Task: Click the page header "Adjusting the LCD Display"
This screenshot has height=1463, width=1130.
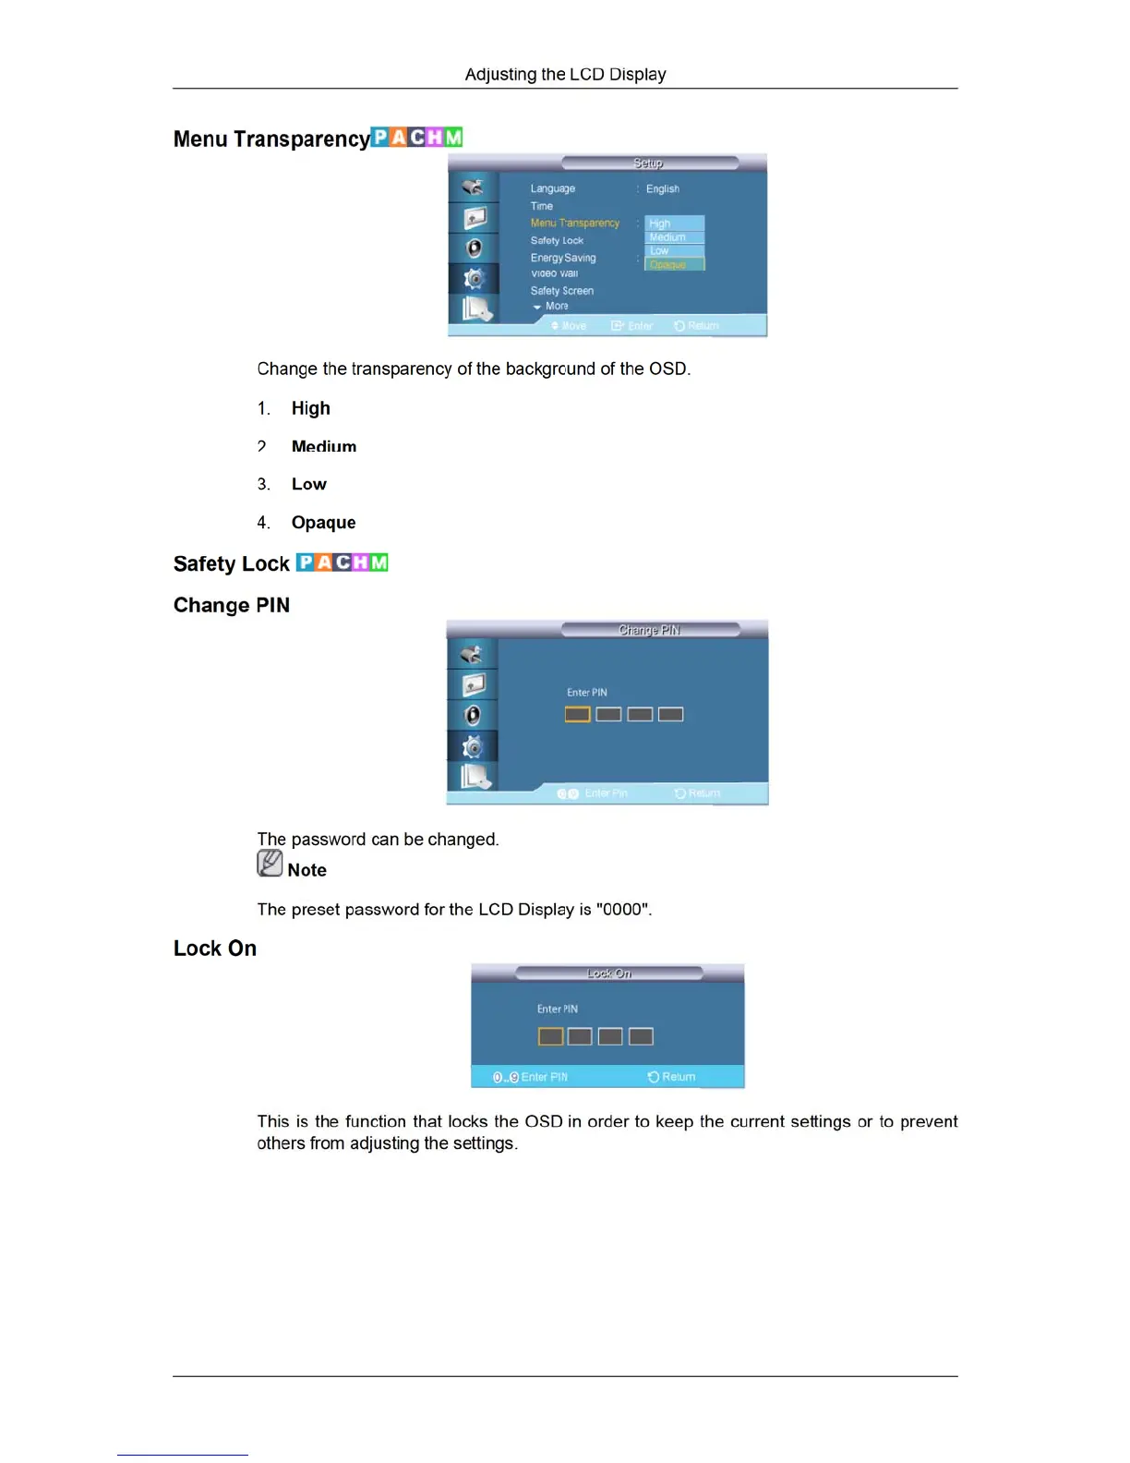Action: pyautogui.click(x=565, y=74)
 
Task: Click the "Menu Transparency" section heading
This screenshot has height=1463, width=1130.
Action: pyautogui.click(x=271, y=139)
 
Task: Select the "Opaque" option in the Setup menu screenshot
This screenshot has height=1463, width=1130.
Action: pyautogui.click(x=673, y=264)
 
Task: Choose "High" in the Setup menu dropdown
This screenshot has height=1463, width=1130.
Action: pyautogui.click(x=660, y=224)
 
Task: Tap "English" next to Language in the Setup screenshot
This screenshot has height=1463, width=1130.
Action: pyautogui.click(x=662, y=188)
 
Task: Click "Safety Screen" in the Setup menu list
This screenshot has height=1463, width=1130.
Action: pyautogui.click(x=561, y=291)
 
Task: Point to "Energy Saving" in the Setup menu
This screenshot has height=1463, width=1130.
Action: pyautogui.click(x=562, y=258)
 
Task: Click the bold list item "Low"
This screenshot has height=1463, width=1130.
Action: pyautogui.click(x=308, y=484)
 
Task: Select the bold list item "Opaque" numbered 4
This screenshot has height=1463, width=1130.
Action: pyautogui.click(x=323, y=523)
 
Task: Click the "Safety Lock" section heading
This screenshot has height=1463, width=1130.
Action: pyautogui.click(x=232, y=563)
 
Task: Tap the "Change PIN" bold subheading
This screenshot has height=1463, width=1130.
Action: pyautogui.click(x=232, y=605)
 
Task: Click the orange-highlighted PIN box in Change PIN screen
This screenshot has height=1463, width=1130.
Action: pyautogui.click(x=577, y=714)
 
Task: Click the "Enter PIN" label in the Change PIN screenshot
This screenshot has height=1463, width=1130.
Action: pyautogui.click(x=586, y=692)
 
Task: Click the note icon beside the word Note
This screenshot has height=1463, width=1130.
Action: pyautogui.click(x=270, y=863)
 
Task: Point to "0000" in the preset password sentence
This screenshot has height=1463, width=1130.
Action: pyautogui.click(x=623, y=910)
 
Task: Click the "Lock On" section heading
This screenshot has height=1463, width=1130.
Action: pyautogui.click(x=215, y=949)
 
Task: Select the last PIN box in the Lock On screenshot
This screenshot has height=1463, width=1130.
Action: pyautogui.click(x=641, y=1036)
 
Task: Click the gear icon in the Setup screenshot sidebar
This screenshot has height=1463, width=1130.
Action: pyautogui.click(x=474, y=278)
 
